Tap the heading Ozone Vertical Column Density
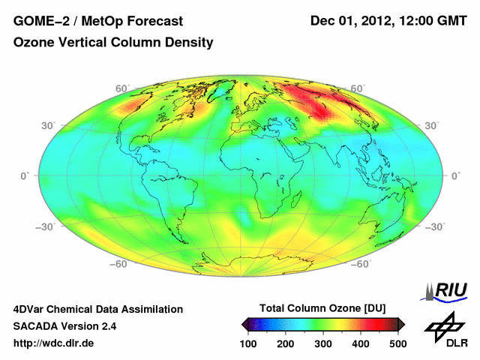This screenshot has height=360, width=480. pos(113,43)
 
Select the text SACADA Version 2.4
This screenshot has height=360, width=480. pos(64,326)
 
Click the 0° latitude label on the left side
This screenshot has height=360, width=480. pos(25,176)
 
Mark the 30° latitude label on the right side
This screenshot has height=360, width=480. pos(432,125)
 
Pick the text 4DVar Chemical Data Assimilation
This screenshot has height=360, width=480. pos(98,309)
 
